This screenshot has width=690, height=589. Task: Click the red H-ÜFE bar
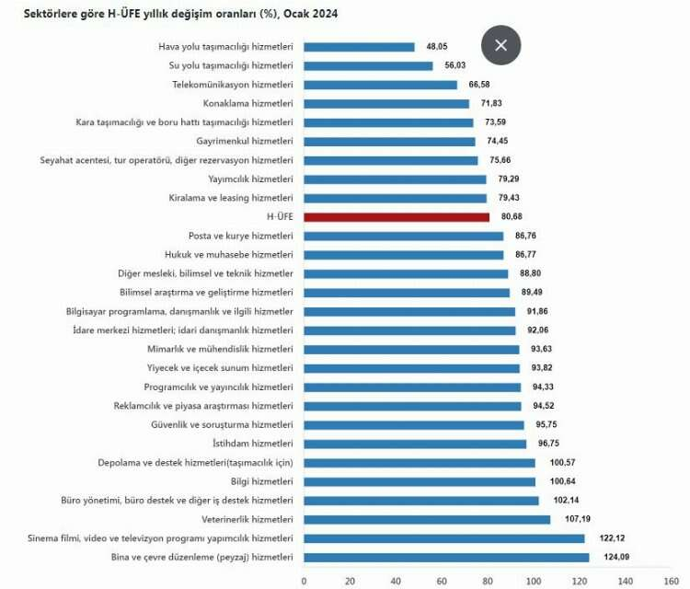(x=397, y=217)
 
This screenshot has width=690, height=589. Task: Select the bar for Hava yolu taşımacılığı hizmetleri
(x=359, y=47)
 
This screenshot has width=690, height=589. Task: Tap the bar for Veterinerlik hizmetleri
(x=427, y=519)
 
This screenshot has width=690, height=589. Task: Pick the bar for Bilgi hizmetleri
(x=420, y=481)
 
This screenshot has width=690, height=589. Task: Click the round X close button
(x=500, y=45)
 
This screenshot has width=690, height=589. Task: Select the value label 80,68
(x=513, y=217)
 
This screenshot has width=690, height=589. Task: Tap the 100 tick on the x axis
(x=534, y=581)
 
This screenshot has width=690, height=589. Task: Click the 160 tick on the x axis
(x=672, y=581)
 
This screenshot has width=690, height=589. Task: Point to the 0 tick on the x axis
(x=304, y=581)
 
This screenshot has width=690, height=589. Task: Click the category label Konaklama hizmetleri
(x=247, y=103)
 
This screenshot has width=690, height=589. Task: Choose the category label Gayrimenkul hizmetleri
(x=245, y=141)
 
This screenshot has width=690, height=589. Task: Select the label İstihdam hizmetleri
(x=253, y=444)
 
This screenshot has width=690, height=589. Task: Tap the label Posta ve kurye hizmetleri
(x=240, y=236)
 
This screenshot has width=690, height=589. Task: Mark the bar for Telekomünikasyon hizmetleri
(x=380, y=85)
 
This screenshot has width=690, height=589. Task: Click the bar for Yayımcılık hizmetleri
(x=395, y=179)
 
